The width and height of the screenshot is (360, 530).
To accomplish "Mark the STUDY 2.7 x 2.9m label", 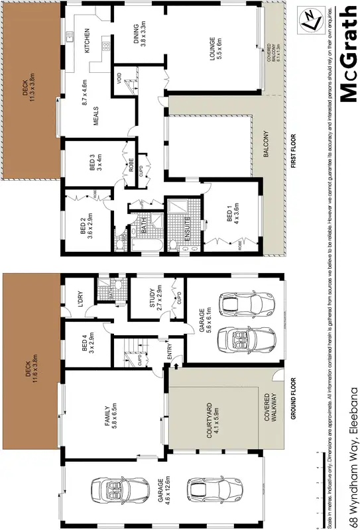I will [154, 297].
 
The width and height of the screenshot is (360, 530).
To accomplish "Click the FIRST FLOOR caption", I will [293, 152].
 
